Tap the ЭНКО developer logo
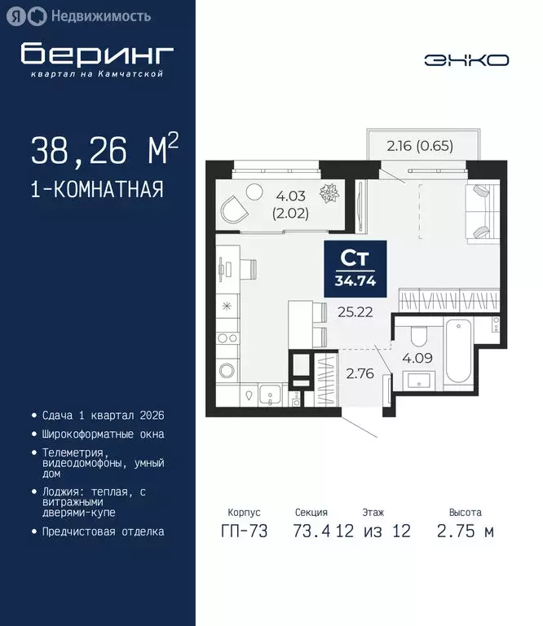click(466, 60)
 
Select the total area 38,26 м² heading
click(104, 150)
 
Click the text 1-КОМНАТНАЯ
click(96, 190)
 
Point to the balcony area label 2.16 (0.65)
click(419, 147)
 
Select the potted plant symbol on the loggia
click(330, 194)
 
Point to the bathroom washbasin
click(422, 379)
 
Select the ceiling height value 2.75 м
click(465, 531)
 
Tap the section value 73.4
click(311, 531)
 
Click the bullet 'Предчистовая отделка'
click(102, 531)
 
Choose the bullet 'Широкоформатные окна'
click(102, 434)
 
